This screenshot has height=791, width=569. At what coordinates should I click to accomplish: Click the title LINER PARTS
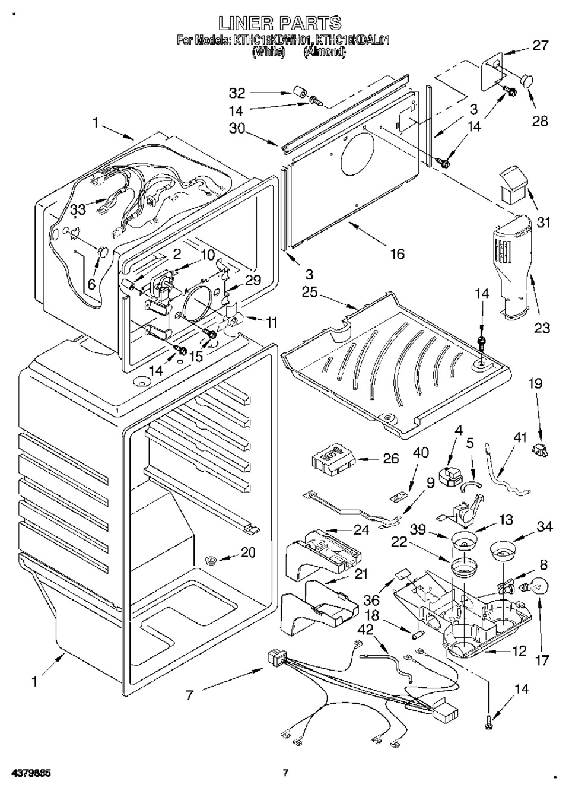click(x=280, y=23)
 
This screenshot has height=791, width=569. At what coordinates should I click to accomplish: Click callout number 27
click(x=540, y=45)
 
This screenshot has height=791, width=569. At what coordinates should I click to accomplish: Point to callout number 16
click(x=397, y=254)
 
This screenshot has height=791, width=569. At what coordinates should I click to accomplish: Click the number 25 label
click(x=310, y=293)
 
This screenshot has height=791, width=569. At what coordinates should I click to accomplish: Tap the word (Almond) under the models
click(x=324, y=52)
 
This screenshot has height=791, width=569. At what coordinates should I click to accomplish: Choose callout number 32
click(x=237, y=93)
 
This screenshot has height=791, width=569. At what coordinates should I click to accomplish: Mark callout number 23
click(x=542, y=328)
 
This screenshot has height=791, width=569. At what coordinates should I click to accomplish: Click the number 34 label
click(x=544, y=526)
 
